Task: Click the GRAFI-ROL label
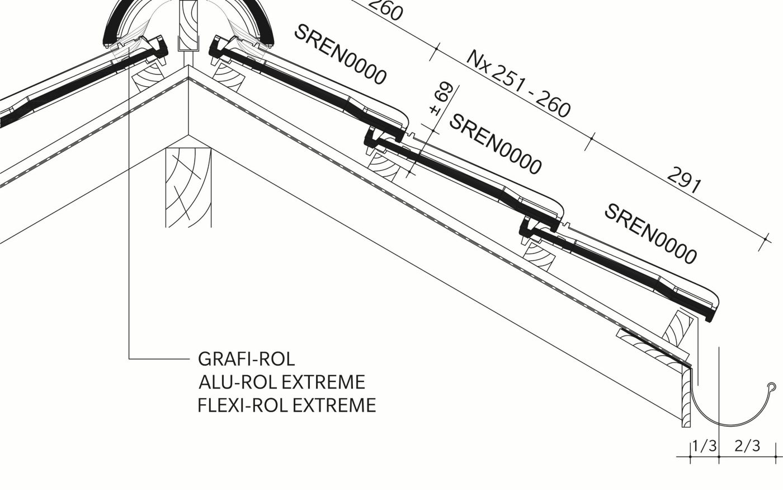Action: click(x=246, y=358)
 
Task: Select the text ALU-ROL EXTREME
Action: click(x=281, y=382)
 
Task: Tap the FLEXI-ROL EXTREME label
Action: click(x=286, y=405)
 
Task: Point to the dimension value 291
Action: click(x=683, y=180)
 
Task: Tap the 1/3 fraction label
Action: click(x=704, y=446)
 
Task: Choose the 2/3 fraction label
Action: click(x=747, y=446)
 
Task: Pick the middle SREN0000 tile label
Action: click(x=496, y=144)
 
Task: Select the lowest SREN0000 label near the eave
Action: click(x=650, y=234)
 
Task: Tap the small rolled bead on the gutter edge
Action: click(x=772, y=386)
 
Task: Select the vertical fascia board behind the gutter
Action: click(x=686, y=398)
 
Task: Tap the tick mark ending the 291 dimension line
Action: click(x=766, y=240)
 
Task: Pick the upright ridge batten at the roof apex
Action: click(x=188, y=25)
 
